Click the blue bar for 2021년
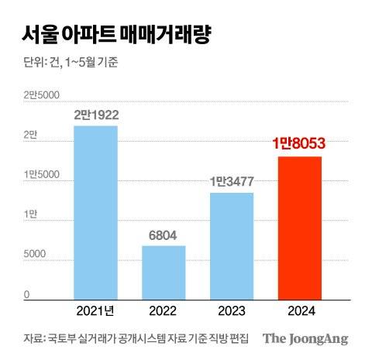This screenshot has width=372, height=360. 95,211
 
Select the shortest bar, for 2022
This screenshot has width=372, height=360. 164,272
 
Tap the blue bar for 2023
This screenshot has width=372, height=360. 232,245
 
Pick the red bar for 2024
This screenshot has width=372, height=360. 299,227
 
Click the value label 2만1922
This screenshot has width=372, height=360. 96,115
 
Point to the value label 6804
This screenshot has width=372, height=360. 164,235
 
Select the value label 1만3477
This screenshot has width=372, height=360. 232,182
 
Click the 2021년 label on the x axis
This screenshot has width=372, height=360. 96,311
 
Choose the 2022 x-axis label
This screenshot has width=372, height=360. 164,311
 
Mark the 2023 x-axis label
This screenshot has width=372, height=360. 232,311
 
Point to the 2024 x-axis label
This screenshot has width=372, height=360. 299,311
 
